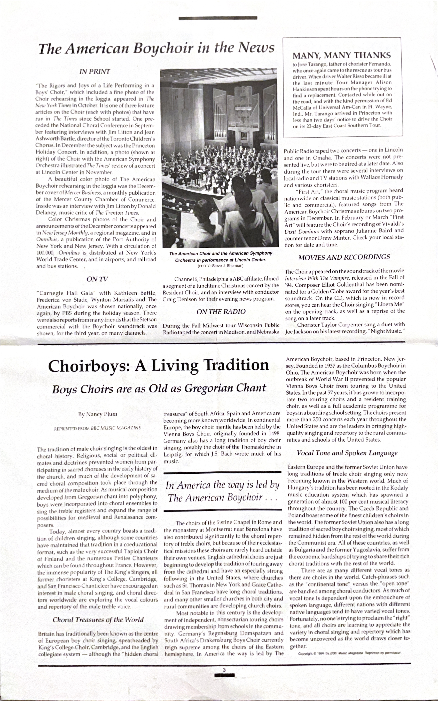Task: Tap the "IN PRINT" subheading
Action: point(95,71)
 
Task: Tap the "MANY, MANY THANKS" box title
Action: point(342,55)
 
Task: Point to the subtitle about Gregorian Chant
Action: point(159,388)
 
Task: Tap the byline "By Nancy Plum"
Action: point(98,414)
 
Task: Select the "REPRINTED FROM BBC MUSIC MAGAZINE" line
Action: point(98,428)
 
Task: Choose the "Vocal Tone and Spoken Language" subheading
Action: point(347,453)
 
